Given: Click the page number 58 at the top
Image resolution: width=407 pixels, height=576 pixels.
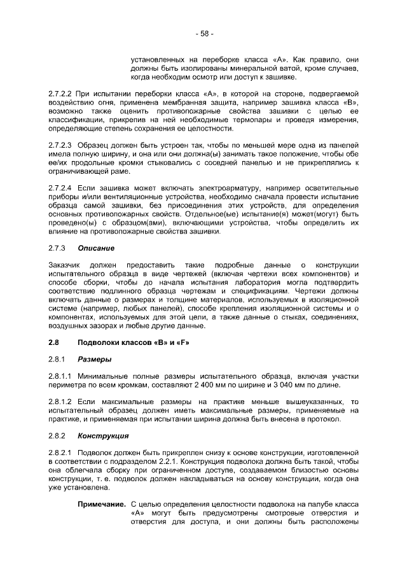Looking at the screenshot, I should click(203, 33).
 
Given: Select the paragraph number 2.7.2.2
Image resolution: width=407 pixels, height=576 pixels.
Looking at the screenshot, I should click(60, 94).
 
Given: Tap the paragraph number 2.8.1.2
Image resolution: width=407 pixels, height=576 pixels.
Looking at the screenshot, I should click(60, 402).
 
